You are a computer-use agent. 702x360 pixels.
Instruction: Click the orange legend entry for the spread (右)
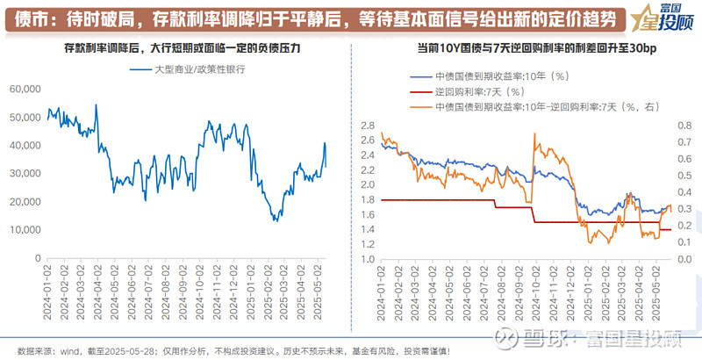pos(544,105)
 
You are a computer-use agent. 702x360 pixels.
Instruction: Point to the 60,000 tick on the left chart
pos(25,89)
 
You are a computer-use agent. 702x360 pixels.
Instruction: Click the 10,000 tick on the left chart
pos(25,229)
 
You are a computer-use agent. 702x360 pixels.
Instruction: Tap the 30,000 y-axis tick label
pos(25,173)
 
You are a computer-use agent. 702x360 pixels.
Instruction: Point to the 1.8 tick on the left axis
pos(368,200)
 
